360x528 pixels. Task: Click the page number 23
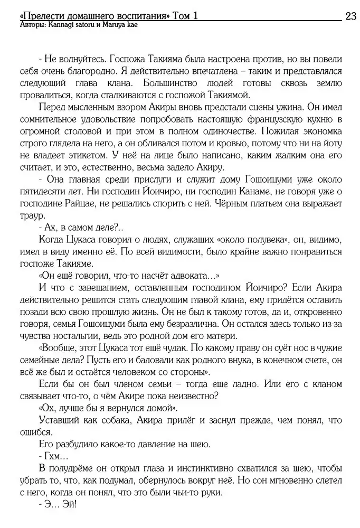(x=350, y=16)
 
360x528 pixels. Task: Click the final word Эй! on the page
(x=69, y=504)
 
